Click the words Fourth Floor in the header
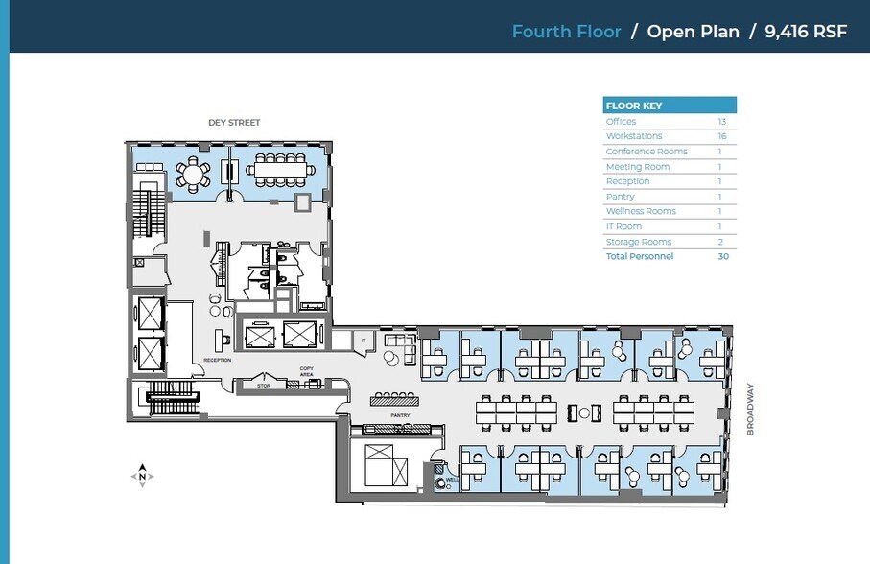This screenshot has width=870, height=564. click(566, 32)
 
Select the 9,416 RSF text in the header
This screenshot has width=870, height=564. click(806, 32)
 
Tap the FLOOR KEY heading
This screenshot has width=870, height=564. click(633, 106)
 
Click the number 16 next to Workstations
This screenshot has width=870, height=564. click(721, 136)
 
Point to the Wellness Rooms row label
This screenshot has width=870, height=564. click(641, 211)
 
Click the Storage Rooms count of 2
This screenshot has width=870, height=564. click(721, 242)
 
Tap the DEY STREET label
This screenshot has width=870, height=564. click(234, 123)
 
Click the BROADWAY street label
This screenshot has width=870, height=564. click(751, 410)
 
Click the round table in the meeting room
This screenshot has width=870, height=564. click(193, 175)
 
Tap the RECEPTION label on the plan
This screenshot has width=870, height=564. click(217, 360)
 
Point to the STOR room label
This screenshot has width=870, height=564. click(264, 386)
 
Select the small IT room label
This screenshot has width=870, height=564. click(364, 341)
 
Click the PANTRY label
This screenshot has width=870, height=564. click(400, 415)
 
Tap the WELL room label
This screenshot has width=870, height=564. click(450, 481)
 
